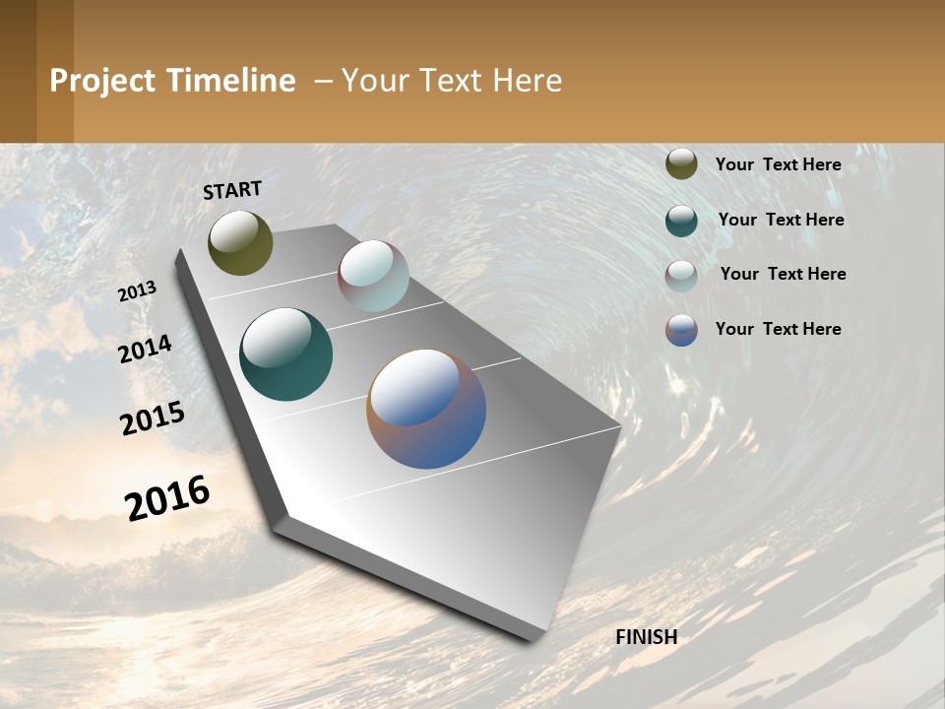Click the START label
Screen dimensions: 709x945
232,190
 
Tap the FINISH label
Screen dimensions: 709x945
647,637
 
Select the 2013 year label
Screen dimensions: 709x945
138,291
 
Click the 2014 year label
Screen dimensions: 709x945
146,349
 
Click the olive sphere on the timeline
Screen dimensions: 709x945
240,243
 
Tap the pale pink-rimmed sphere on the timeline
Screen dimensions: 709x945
373,276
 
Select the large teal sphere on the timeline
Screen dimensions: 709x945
285,354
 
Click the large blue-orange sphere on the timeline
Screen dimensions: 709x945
426,409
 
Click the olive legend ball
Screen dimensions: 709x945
681,164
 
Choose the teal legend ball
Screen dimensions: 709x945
681,220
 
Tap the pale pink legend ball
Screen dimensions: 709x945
681,275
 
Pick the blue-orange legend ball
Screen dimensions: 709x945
681,330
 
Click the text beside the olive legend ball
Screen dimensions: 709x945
778,164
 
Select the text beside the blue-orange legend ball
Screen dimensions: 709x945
778,329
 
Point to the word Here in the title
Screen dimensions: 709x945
527,81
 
